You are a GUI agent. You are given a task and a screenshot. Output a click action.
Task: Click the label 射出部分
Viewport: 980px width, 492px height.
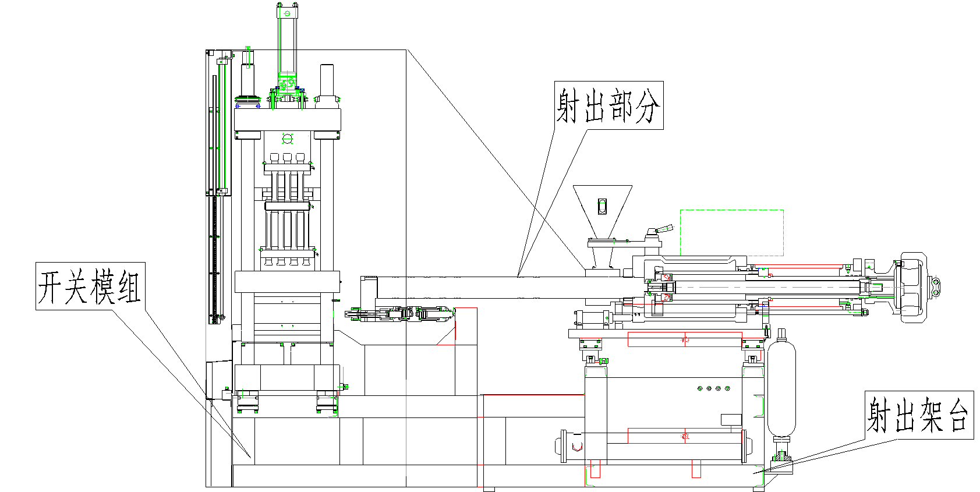point(608,105)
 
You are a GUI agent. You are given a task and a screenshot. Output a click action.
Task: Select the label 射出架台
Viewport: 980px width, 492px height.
point(918,415)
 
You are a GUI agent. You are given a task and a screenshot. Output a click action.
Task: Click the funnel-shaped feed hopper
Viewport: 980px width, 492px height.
point(602,210)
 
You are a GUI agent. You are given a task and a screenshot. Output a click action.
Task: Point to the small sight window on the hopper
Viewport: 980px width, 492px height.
point(602,206)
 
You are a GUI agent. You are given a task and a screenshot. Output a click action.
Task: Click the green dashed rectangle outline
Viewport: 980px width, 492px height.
point(731,232)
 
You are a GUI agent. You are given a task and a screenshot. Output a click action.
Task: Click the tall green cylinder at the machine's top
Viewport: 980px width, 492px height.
point(287,41)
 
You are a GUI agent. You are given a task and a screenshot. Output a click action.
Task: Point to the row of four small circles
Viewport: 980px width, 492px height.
point(713,388)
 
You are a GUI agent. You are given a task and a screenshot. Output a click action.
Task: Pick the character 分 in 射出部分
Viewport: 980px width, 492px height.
point(648,105)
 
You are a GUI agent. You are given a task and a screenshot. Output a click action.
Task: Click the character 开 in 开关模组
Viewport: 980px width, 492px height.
point(51,286)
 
